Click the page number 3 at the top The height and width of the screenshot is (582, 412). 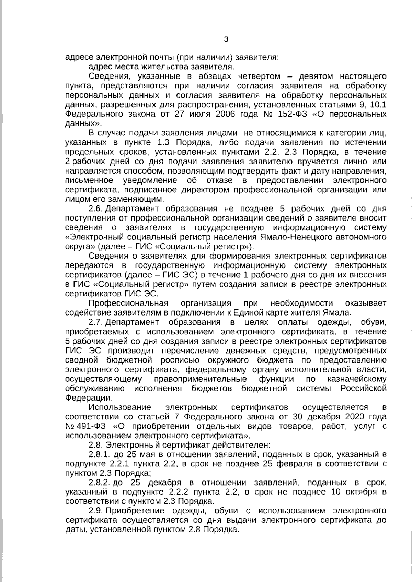coord(226,39)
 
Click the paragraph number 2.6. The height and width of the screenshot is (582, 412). coord(96,209)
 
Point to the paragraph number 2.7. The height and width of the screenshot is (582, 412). coord(96,322)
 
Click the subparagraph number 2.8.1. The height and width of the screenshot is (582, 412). coord(99,455)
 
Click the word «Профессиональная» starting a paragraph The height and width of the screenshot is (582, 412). coord(128,303)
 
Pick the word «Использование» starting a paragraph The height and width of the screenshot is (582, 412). coord(120,407)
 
